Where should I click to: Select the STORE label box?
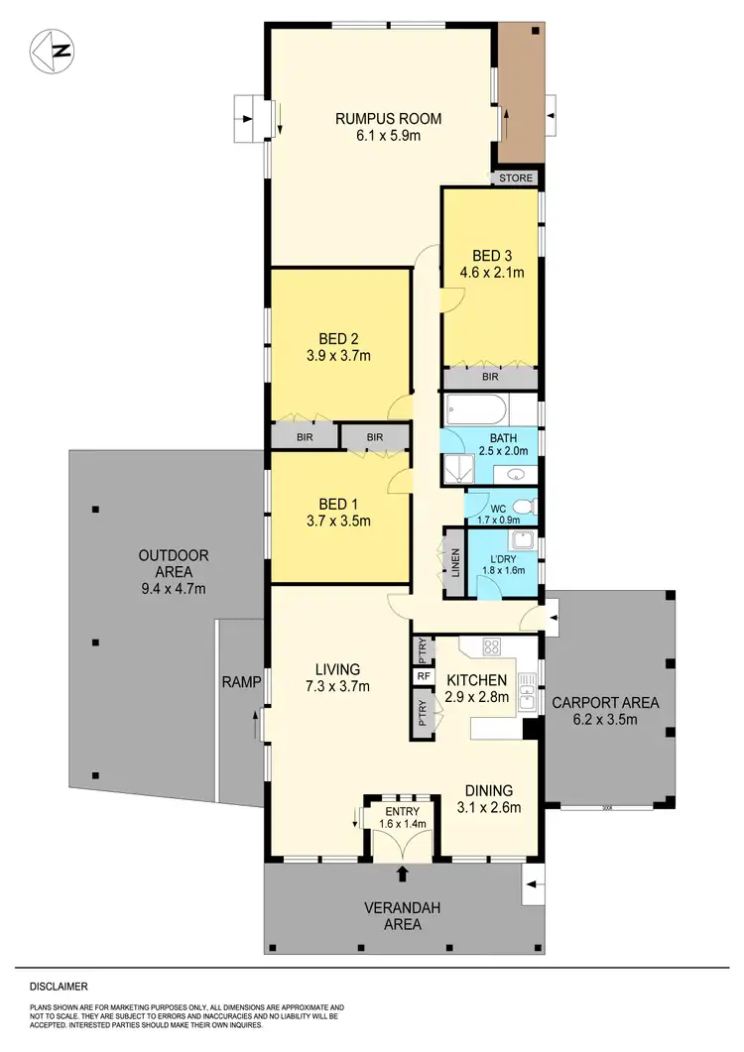[x=516, y=178]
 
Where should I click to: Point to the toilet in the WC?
[x=526, y=508]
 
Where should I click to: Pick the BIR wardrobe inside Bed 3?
[x=490, y=377]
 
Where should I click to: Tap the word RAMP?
[x=241, y=681]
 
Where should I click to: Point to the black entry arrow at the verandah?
[x=402, y=874]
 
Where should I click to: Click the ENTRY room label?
[x=402, y=810]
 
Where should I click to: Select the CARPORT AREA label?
[x=604, y=703]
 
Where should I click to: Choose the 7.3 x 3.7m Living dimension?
[x=336, y=686]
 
